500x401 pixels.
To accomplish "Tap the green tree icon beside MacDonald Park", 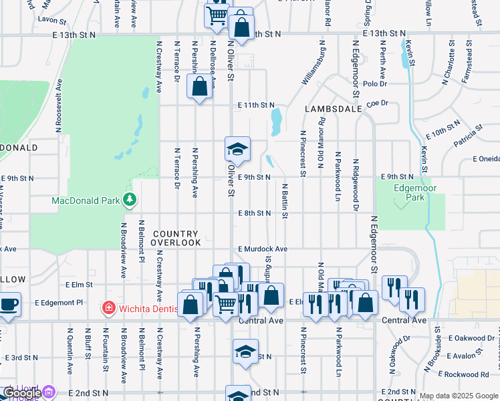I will point(130,200).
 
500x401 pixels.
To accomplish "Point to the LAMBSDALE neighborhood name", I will point(334,108).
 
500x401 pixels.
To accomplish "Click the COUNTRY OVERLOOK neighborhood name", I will point(176,239).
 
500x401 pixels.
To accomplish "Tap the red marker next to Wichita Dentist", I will point(108,308).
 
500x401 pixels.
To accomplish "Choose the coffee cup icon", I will point(9,304).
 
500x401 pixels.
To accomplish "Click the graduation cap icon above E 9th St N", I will point(235,150).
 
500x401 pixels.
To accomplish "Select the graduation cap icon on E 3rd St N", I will point(245,351).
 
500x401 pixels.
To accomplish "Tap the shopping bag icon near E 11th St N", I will point(199,86).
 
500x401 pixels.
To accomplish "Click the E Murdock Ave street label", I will point(262,249).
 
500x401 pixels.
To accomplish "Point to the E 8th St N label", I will point(255,213).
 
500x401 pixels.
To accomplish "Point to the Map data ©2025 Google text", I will point(458,396).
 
